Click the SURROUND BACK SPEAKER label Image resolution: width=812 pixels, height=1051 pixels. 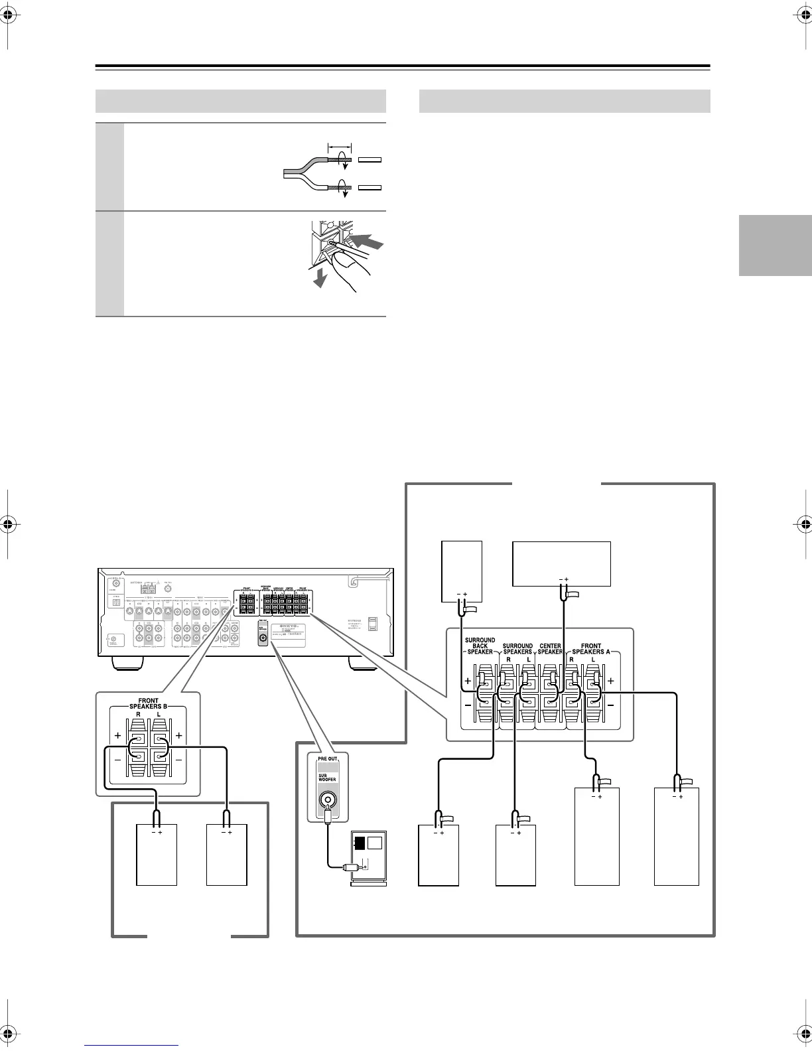(480, 646)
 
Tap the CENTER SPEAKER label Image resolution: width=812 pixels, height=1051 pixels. (550, 648)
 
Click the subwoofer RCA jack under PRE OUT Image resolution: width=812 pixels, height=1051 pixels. (327, 800)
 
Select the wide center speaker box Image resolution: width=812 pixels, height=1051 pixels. (562, 563)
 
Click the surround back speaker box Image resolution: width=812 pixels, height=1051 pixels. (462, 571)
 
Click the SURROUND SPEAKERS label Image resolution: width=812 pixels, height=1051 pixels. (517, 648)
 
